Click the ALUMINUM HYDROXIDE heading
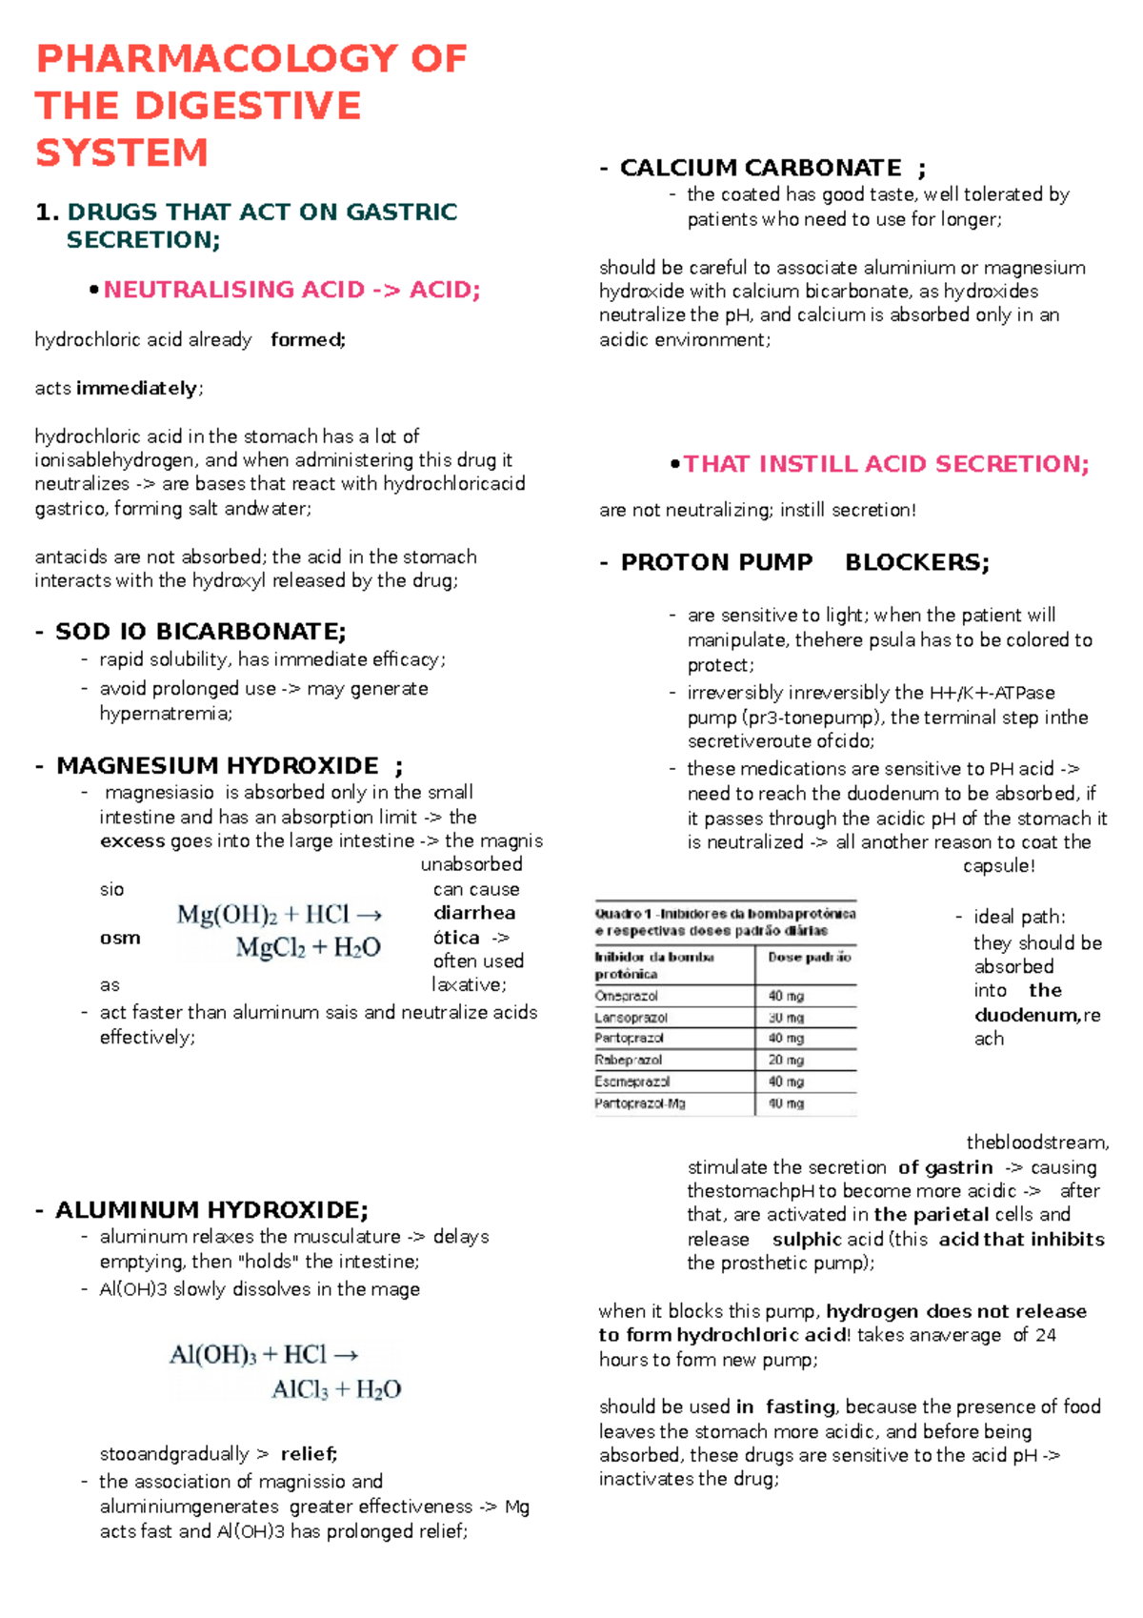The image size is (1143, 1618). click(211, 1210)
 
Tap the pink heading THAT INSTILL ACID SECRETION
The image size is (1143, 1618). click(886, 464)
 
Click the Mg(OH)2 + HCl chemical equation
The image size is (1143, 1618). click(280, 931)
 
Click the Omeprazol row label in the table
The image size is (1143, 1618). click(626, 996)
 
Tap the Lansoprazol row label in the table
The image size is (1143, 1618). click(631, 1018)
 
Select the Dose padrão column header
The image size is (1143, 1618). click(809, 957)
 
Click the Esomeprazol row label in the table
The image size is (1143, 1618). click(632, 1082)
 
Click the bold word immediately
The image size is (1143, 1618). click(137, 389)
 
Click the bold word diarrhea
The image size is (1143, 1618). click(473, 913)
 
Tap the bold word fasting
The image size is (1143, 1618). click(799, 1407)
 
